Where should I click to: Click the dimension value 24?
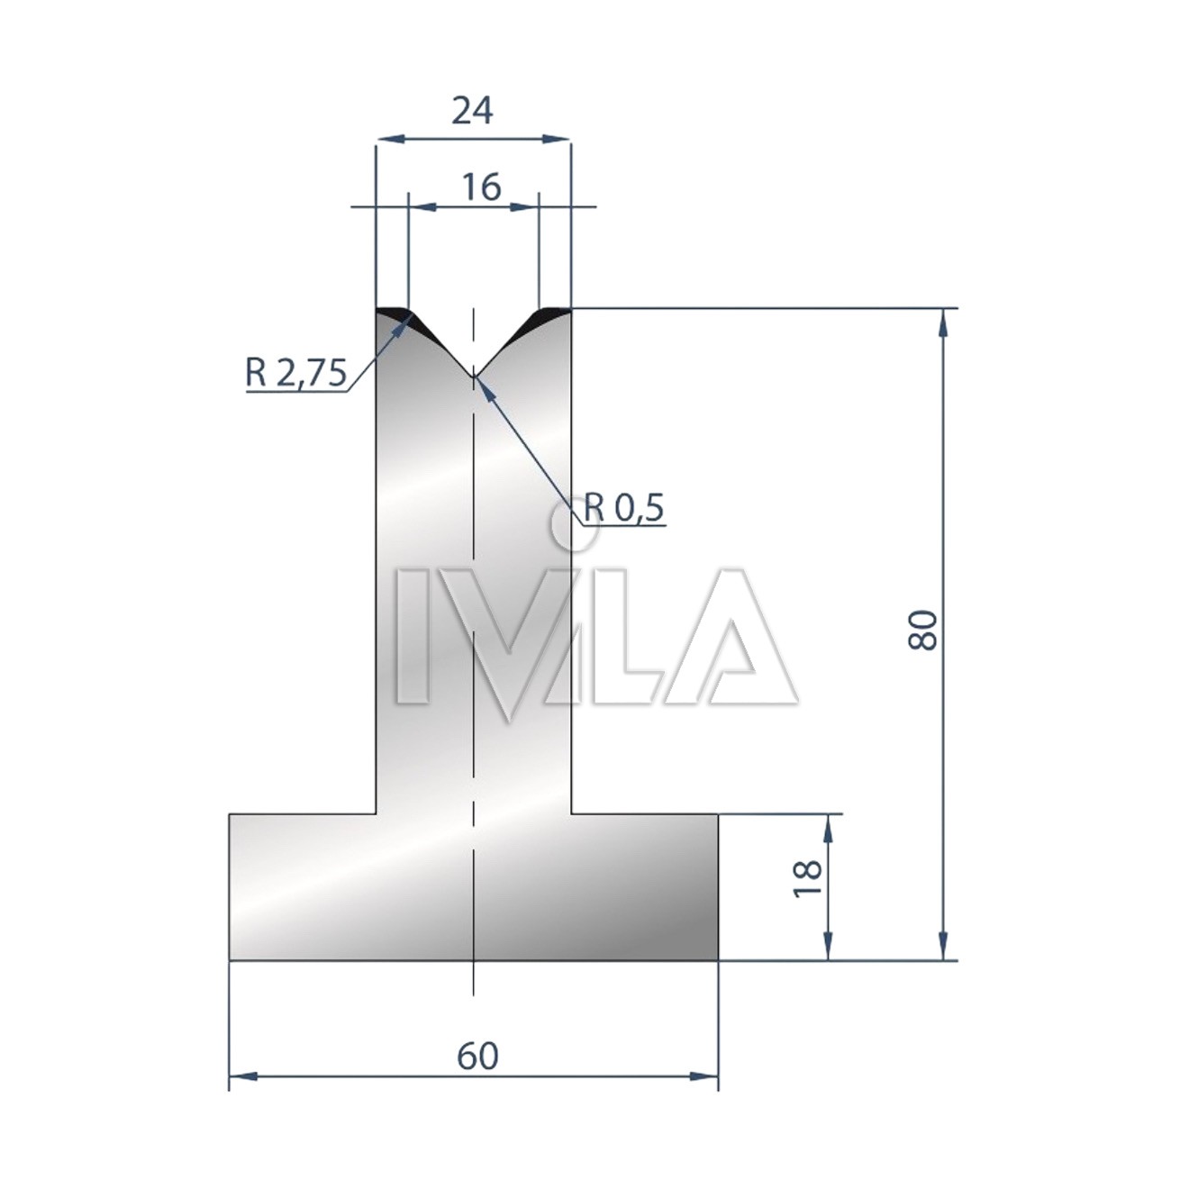point(473,112)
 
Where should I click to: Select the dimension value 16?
point(481,187)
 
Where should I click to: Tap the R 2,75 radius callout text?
point(296,373)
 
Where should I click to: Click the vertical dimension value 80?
point(922,630)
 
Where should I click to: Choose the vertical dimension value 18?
point(808,878)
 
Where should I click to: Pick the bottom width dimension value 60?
point(477,1057)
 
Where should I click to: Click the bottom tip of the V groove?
point(473,376)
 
